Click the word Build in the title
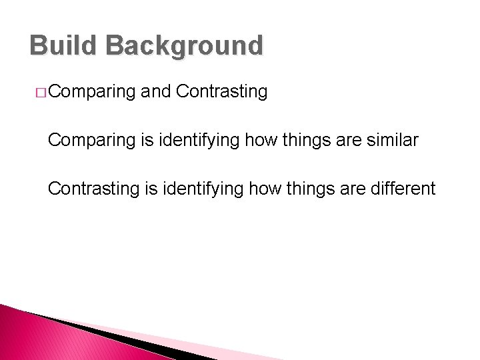63,45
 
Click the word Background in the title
184,45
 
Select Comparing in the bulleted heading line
92,92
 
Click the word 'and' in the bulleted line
156,91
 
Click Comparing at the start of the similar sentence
92,141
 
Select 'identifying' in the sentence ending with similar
198,141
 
